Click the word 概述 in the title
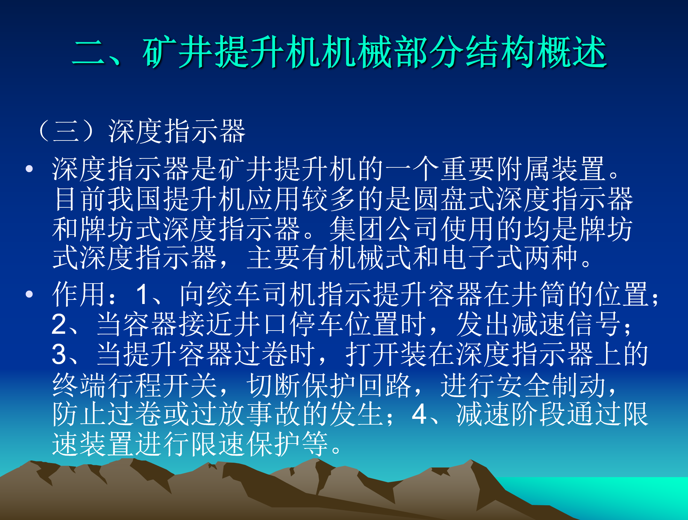571,52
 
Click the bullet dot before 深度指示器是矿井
29,169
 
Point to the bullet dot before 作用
29,294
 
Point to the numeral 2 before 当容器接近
59,324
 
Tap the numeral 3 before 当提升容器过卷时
59,354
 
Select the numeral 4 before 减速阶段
419,414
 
